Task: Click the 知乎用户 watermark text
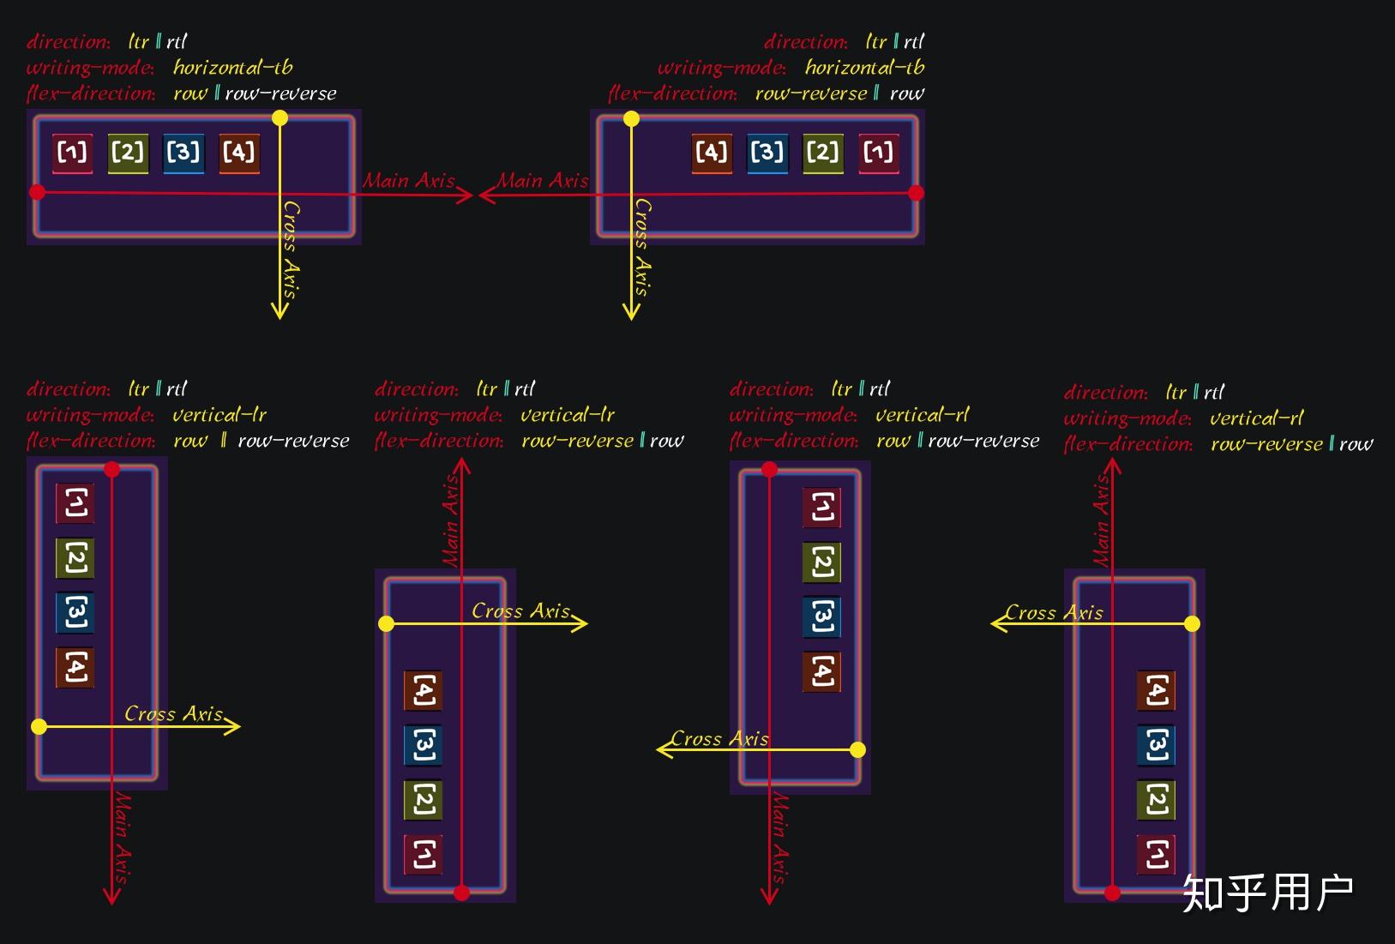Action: (x=1267, y=893)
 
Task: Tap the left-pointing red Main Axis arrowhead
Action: (x=484, y=195)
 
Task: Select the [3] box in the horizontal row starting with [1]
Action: (x=183, y=153)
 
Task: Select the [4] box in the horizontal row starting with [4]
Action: (x=712, y=153)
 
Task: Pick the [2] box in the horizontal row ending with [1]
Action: (x=822, y=153)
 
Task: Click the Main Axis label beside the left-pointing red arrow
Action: (x=543, y=180)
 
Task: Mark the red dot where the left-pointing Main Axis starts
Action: (x=916, y=193)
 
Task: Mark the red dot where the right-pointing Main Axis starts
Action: (x=37, y=192)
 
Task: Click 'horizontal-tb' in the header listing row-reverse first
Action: (x=864, y=67)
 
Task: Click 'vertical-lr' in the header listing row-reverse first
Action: (x=568, y=415)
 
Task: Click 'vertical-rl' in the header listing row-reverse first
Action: (x=1256, y=418)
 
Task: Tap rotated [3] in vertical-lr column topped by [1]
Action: (x=75, y=612)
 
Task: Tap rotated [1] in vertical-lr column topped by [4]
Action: (x=424, y=854)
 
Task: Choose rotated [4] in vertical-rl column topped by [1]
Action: (x=821, y=670)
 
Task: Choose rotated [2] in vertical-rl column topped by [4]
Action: (x=1156, y=799)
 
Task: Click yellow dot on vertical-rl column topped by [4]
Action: (x=1192, y=623)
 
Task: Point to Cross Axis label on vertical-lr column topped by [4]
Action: (x=520, y=610)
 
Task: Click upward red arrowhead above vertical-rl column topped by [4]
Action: (x=1112, y=466)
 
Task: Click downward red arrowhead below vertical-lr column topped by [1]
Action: (x=111, y=898)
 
